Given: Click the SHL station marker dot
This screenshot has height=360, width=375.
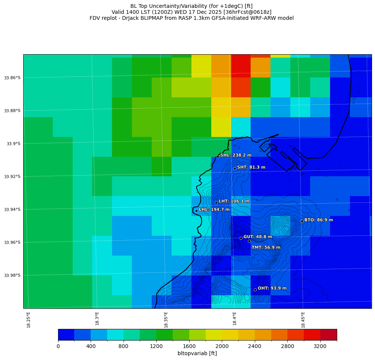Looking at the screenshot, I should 218,156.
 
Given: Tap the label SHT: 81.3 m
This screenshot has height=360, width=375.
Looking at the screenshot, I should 251,167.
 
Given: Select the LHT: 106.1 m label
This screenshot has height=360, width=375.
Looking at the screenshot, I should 234,201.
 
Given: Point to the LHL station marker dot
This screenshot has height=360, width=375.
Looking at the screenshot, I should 196,211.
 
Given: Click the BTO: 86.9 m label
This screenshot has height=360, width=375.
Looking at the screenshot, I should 318,220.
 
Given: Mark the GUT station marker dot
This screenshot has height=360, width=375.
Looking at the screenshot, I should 241,238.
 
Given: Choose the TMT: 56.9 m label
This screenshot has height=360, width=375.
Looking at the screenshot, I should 266,247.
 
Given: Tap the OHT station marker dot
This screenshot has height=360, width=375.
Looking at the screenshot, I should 255,290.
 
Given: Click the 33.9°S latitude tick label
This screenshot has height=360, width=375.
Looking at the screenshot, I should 12,144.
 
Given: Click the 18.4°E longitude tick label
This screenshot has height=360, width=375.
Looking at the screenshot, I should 235,319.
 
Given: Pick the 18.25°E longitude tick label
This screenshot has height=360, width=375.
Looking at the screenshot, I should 28,319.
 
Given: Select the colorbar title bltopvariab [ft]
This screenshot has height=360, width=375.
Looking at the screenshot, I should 197,353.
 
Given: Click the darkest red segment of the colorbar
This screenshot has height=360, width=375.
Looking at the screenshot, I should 329,335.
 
